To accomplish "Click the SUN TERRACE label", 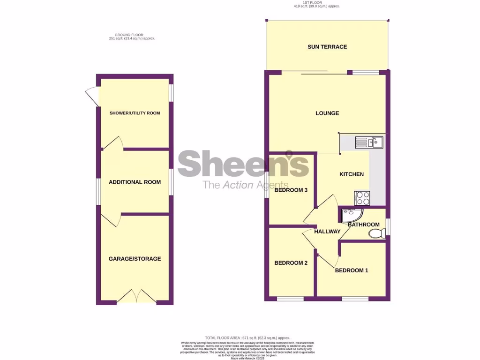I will click(x=327, y=47).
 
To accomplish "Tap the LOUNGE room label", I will click(x=327, y=113).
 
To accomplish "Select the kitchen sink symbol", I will click(x=369, y=142).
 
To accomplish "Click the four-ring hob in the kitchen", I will click(x=362, y=198).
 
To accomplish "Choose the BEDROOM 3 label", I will click(x=291, y=190).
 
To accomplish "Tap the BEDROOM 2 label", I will click(x=291, y=263).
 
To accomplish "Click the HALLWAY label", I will click(x=327, y=232).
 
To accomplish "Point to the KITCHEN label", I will click(x=352, y=174).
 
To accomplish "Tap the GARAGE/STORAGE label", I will click(x=135, y=259).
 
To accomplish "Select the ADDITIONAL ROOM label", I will click(x=135, y=182).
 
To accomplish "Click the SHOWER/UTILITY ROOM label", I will click(x=135, y=113).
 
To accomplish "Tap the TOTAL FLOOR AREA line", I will click(x=247, y=337).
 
